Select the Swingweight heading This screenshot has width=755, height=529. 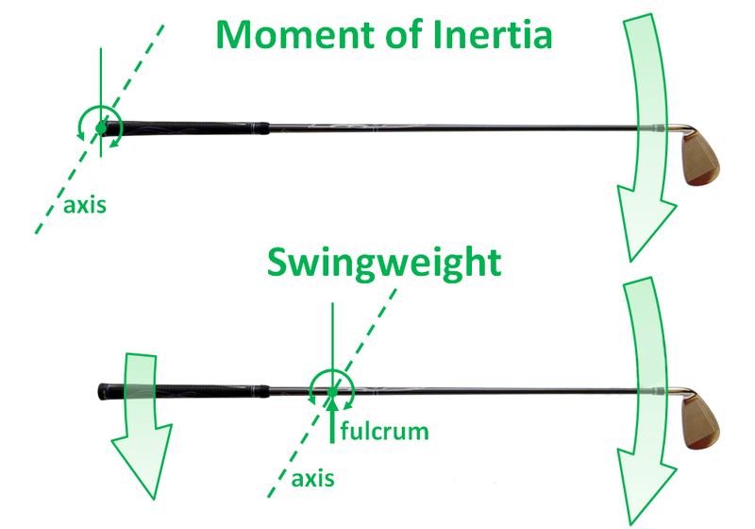(x=384, y=264)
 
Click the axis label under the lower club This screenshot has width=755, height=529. (x=313, y=478)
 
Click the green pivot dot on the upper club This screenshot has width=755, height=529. (x=100, y=128)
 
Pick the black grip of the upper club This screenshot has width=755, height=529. (x=189, y=126)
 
